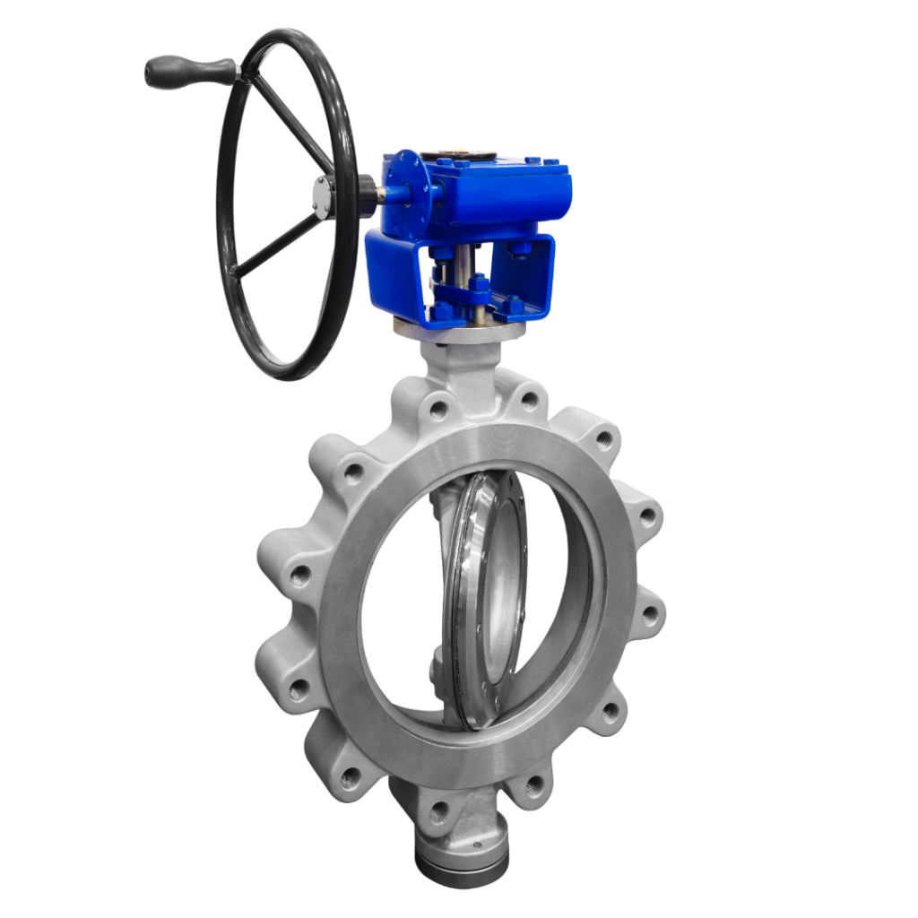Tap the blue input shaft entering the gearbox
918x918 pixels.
(x=394, y=193)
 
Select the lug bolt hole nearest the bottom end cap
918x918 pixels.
(x=439, y=813)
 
